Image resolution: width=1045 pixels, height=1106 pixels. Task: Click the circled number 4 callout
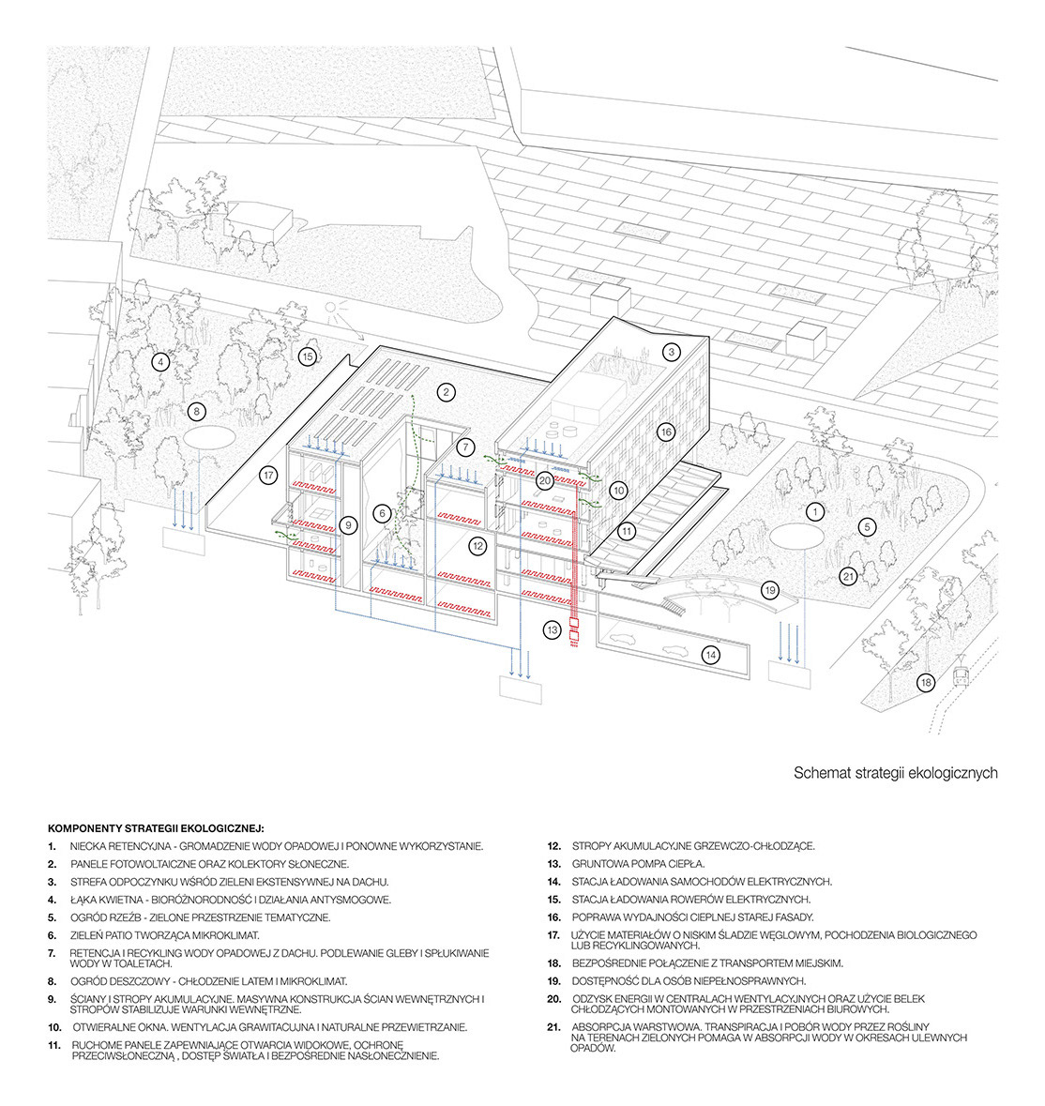(160, 361)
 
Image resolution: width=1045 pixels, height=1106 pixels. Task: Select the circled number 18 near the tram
(926, 683)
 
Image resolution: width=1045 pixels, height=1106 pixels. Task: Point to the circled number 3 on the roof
(671, 353)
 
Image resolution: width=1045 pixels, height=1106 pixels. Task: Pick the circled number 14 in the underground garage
(711, 655)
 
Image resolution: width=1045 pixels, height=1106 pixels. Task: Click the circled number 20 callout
(544, 479)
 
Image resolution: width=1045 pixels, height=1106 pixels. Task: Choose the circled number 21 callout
(847, 576)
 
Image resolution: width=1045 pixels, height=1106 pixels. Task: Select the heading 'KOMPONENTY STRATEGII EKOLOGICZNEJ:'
(156, 829)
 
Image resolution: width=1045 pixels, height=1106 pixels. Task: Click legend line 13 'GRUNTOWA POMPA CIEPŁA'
(638, 863)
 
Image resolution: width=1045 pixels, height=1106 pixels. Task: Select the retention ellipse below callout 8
(209, 437)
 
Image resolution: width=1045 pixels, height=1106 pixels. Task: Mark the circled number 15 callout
(306, 356)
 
